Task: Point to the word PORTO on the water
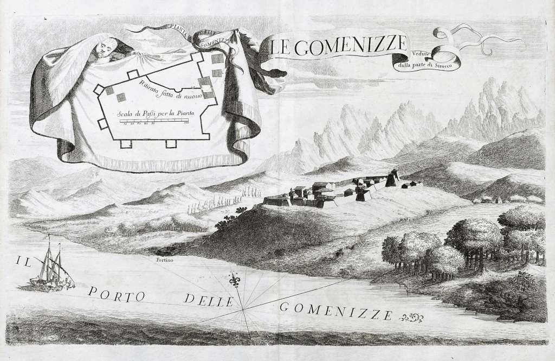117,295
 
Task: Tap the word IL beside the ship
23,262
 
